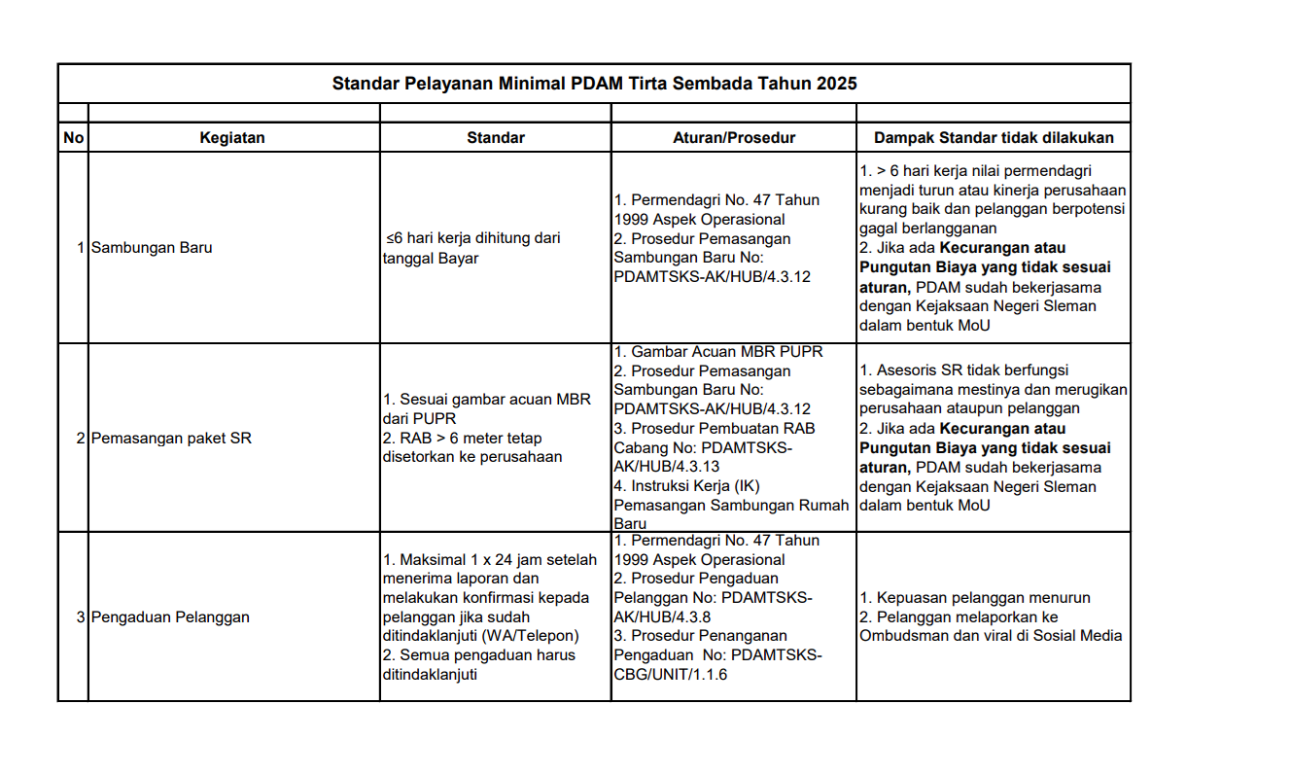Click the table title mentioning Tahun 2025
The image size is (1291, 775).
594,84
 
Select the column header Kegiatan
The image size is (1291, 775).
232,138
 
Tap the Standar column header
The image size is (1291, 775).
495,138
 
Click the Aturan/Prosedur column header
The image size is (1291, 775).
733,138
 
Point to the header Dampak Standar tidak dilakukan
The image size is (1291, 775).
994,138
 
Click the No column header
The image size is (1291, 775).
73,138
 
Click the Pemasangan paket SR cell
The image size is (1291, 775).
171,439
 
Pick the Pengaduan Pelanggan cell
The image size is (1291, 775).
170,617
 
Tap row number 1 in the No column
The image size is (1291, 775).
81,248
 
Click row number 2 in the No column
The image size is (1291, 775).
81,439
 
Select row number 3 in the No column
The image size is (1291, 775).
81,617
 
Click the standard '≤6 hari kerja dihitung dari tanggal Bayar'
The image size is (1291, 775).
473,248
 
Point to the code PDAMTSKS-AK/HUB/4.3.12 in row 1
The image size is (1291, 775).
712,277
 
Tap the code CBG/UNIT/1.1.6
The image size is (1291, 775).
671,675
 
